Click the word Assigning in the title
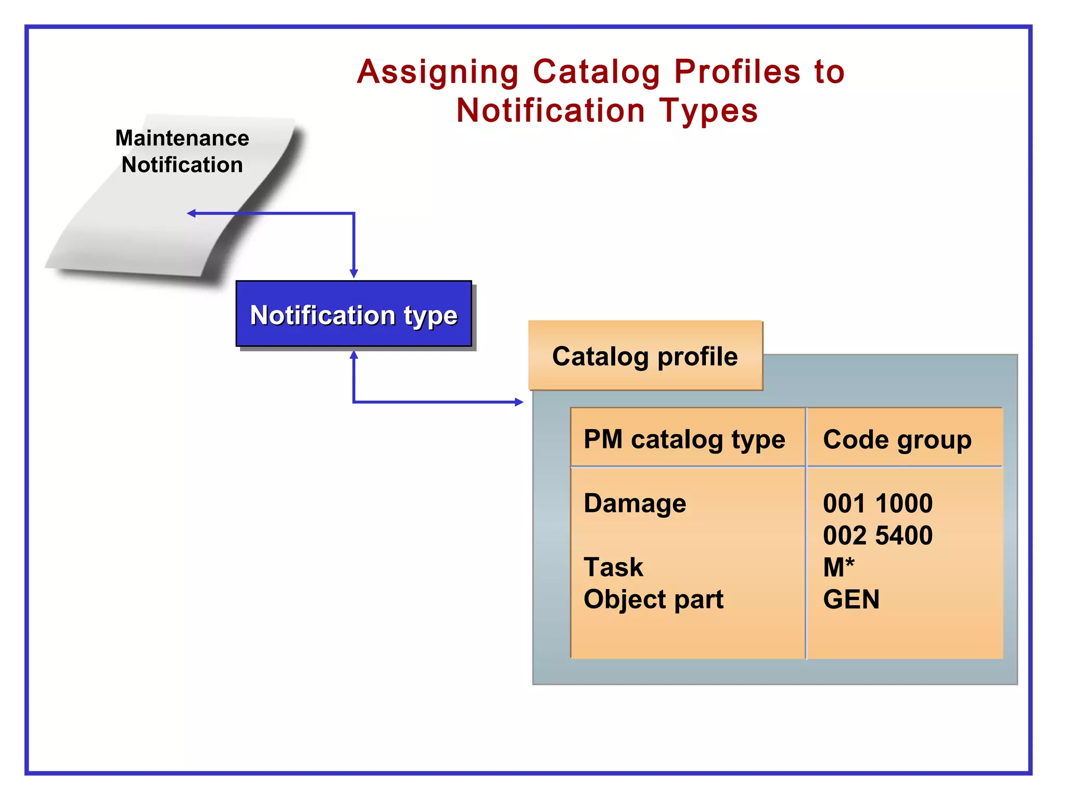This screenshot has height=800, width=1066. (x=438, y=72)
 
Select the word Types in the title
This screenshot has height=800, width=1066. (x=708, y=111)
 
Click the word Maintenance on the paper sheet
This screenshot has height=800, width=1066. (x=182, y=138)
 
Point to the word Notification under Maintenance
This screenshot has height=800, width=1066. (x=182, y=165)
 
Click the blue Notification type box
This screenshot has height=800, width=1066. (x=354, y=314)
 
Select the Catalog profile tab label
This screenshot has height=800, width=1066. (x=645, y=357)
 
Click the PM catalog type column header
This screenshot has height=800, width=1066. (x=684, y=440)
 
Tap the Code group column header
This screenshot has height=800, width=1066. (x=897, y=440)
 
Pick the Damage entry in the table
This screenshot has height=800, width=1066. (x=635, y=504)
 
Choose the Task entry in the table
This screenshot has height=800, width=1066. (x=614, y=567)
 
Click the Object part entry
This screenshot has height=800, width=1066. (x=654, y=600)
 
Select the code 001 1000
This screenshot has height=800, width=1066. (x=878, y=504)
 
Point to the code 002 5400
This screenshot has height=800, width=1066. (x=878, y=535)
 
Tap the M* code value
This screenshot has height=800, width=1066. (x=839, y=567)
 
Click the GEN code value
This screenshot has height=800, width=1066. (x=852, y=599)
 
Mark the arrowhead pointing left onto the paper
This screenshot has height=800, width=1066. (x=191, y=213)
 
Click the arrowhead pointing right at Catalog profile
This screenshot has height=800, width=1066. (x=519, y=402)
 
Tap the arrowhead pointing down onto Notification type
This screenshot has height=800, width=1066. (x=354, y=274)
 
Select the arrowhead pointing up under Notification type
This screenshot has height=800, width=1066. (x=354, y=355)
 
